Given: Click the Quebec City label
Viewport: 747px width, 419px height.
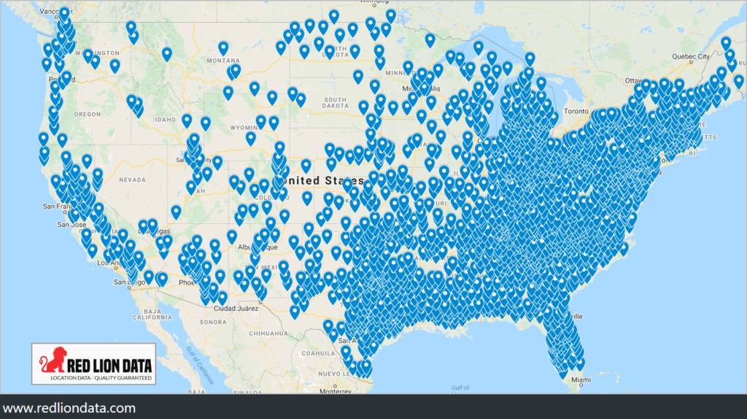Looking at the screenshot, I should click(x=692, y=56).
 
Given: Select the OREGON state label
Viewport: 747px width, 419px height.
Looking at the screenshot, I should click(x=88, y=114).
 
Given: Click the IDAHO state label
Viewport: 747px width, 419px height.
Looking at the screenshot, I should click(x=166, y=119).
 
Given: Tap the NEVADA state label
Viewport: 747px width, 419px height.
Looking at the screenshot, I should click(x=133, y=179).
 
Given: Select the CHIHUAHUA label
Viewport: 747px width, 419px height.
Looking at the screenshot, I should click(x=266, y=332).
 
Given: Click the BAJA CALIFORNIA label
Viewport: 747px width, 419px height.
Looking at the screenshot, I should click(x=152, y=315).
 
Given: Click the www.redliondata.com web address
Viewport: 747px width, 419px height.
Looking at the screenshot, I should click(x=69, y=407).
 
